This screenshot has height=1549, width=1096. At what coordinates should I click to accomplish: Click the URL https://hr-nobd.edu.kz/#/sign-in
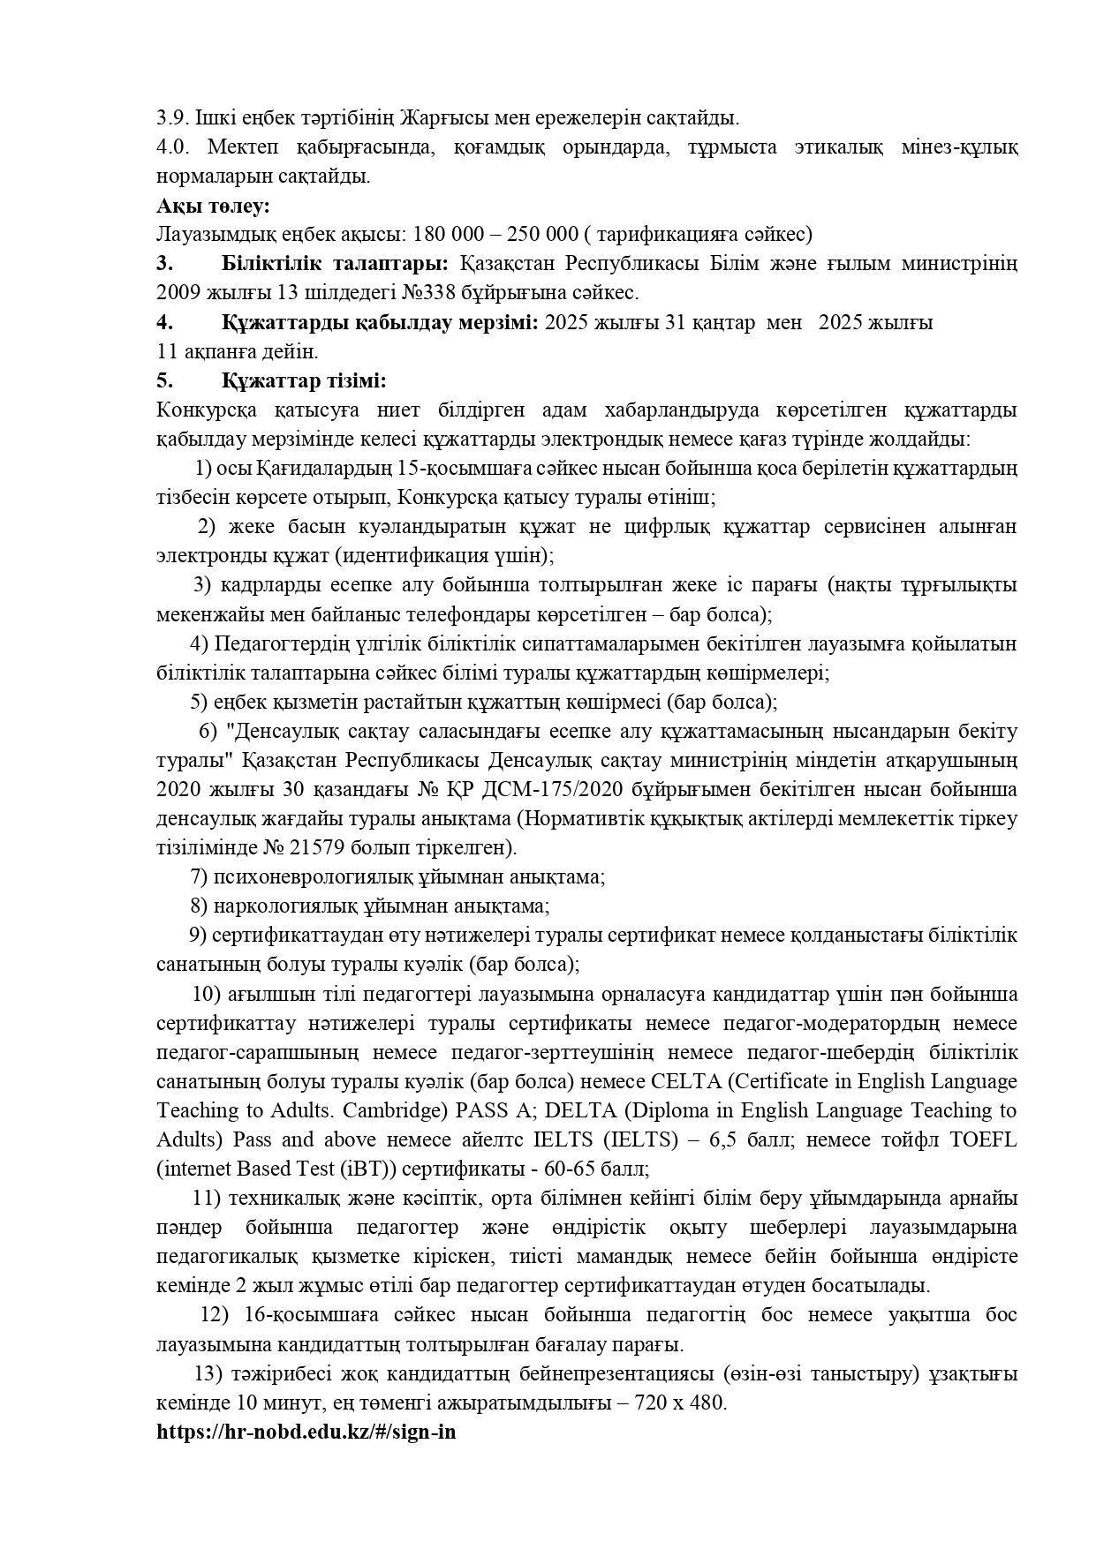[x=306, y=1432]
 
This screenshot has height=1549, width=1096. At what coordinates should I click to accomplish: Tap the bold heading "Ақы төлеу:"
[x=213, y=206]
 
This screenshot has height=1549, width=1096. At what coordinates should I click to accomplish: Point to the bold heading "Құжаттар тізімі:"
[x=304, y=381]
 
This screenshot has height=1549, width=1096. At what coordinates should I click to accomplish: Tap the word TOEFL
[x=983, y=1139]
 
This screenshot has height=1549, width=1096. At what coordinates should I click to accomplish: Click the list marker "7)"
[x=199, y=877]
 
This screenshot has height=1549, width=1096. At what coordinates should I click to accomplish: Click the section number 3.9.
[x=173, y=117]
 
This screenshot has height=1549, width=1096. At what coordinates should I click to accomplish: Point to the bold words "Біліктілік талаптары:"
[x=335, y=264]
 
